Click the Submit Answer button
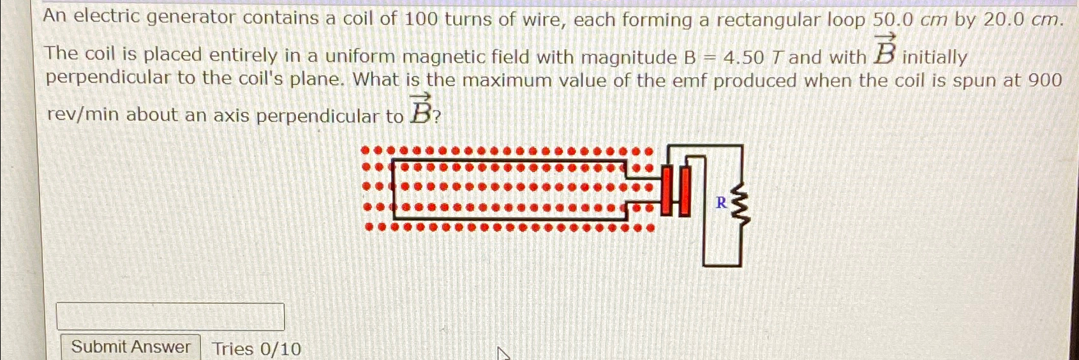pyautogui.click(x=130, y=347)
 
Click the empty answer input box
pyautogui.click(x=170, y=317)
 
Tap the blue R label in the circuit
pyautogui.click(x=721, y=203)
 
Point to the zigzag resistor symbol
pyautogui.click(x=740, y=204)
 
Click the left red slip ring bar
pyautogui.click(x=667, y=191)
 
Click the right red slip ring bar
pyautogui.click(x=685, y=191)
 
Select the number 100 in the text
pyautogui.click(x=421, y=19)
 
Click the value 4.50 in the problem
pyautogui.click(x=743, y=58)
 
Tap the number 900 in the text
pyautogui.click(x=1045, y=80)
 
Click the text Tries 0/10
pyautogui.click(x=257, y=349)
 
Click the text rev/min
pyautogui.click(x=83, y=115)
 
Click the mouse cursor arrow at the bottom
pyautogui.click(x=503, y=353)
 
